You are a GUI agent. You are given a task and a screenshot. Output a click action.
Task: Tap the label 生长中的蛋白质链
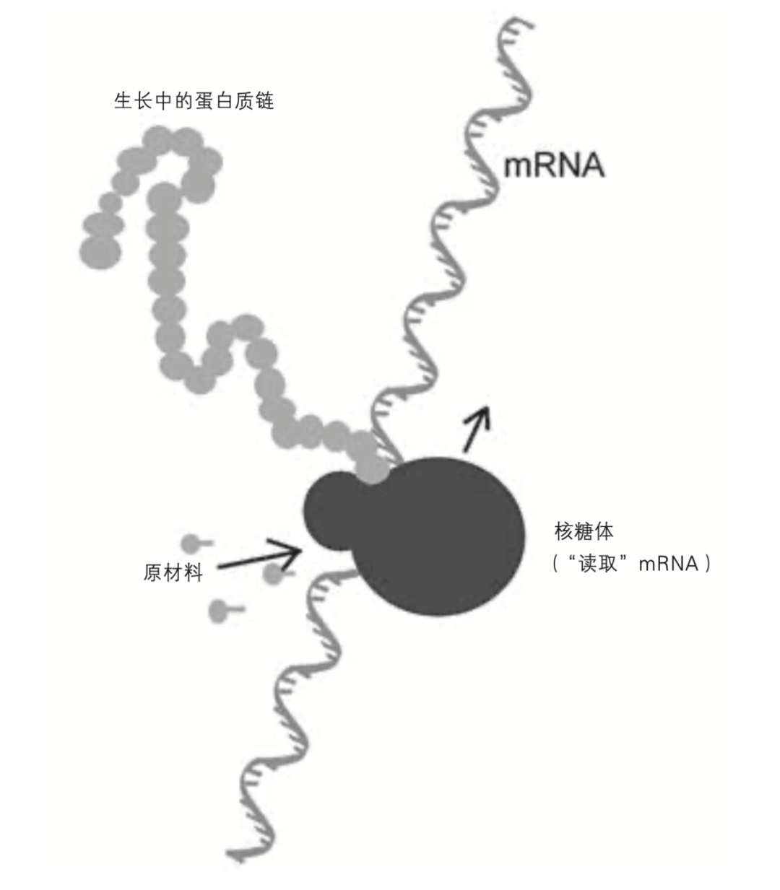194,100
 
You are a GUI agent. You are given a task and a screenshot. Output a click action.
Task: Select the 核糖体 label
584,531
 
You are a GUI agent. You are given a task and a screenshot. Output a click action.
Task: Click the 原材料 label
173,572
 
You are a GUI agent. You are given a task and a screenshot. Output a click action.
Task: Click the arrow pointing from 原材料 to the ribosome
260,556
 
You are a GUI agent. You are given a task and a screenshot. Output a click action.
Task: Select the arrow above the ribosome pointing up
477,429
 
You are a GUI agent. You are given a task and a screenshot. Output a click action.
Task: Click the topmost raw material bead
190,544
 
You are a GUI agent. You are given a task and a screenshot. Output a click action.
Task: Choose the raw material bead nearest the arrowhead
273,575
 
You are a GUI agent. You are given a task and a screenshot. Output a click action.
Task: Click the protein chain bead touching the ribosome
372,470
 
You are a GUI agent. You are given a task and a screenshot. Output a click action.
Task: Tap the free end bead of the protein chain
100,252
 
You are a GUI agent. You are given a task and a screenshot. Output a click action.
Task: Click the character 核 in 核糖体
564,531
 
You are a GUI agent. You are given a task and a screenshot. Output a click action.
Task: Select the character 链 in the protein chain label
264,100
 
